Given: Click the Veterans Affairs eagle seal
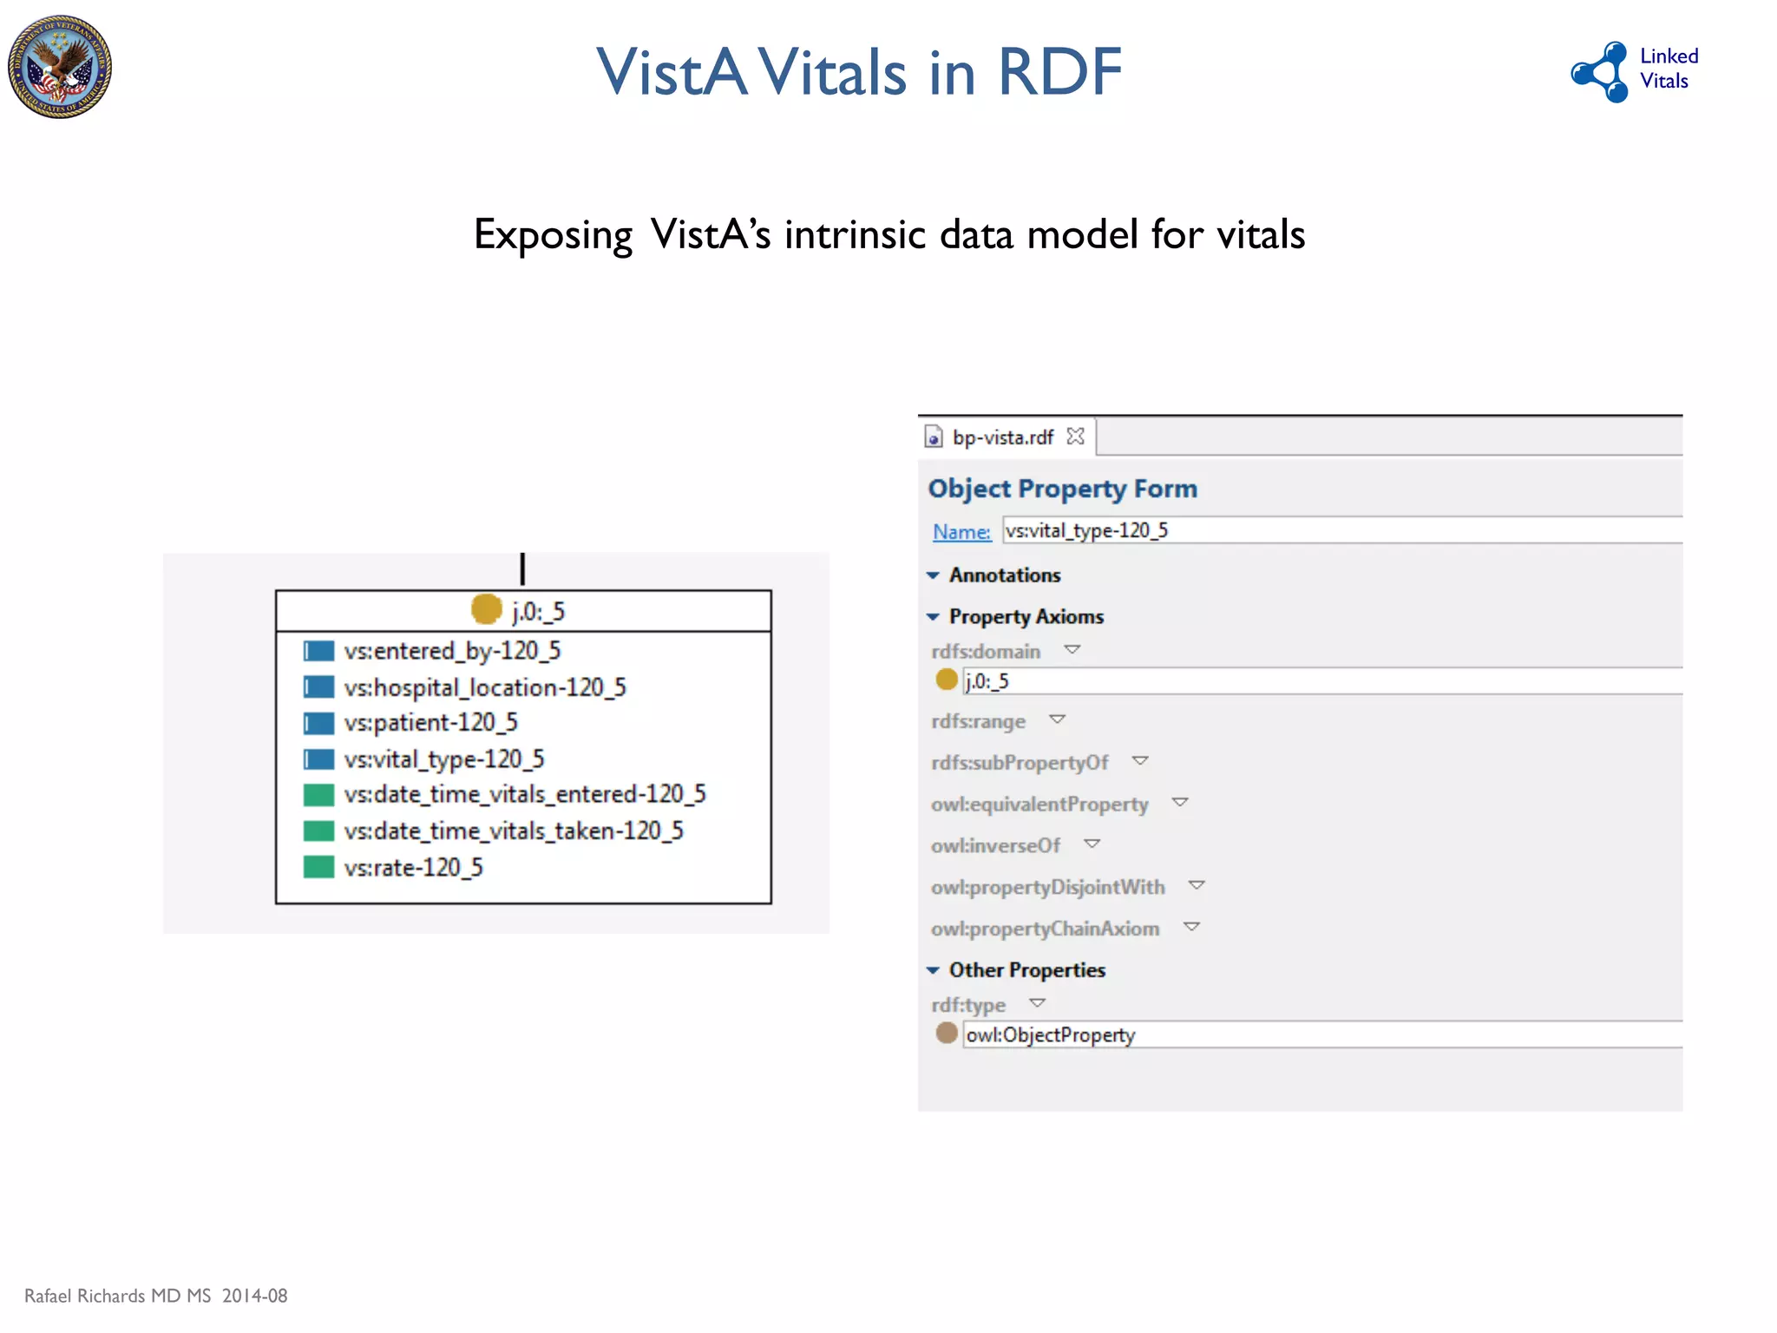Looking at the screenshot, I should (59, 67).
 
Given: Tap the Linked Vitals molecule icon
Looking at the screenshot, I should (1602, 72).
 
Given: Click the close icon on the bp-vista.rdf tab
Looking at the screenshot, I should (1076, 436).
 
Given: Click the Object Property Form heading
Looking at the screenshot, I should (1062, 489).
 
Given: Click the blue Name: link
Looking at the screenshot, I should (961, 531).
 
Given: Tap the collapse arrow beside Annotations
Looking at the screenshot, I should (933, 575).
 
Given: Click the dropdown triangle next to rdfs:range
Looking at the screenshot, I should (1057, 719).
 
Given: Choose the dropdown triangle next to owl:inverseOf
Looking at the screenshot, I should (1092, 844).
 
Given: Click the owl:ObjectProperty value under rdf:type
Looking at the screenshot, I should (1050, 1034).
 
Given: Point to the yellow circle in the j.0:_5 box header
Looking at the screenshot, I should (487, 609).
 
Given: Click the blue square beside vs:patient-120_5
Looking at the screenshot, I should (318, 723).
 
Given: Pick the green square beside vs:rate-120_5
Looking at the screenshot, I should (318, 867).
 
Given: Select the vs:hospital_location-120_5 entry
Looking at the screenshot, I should (484, 687).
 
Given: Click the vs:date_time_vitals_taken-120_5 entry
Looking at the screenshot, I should (513, 831).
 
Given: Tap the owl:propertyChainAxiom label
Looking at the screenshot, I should (1045, 929).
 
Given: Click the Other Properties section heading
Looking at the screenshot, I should (1026, 969).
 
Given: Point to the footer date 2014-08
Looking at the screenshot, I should (254, 1296).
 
